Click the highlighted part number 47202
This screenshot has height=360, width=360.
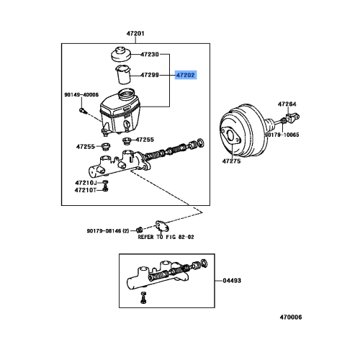(185, 74)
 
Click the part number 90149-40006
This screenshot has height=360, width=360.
(81, 94)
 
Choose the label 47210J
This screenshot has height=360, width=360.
(86, 184)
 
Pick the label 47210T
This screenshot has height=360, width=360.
(86, 192)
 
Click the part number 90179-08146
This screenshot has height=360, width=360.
(107, 231)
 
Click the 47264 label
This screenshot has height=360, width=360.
(287, 104)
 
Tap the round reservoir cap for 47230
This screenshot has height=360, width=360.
(120, 55)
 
